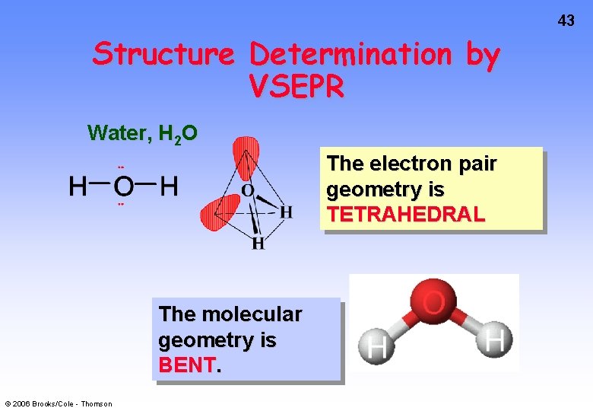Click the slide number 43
pyautogui.click(x=566, y=21)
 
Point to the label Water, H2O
pyautogui.click(x=143, y=134)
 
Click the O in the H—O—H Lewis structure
pyautogui.click(x=123, y=186)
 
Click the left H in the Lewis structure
pyautogui.click(x=78, y=186)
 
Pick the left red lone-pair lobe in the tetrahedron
pyautogui.click(x=218, y=211)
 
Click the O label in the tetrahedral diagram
pyautogui.click(x=248, y=190)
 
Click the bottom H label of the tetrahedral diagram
pyautogui.click(x=258, y=244)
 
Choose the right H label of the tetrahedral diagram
pyautogui.click(x=286, y=212)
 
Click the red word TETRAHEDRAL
pyautogui.click(x=405, y=215)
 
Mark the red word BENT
pyautogui.click(x=186, y=365)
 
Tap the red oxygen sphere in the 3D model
pyautogui.click(x=434, y=304)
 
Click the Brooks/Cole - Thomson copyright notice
pyautogui.click(x=58, y=403)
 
